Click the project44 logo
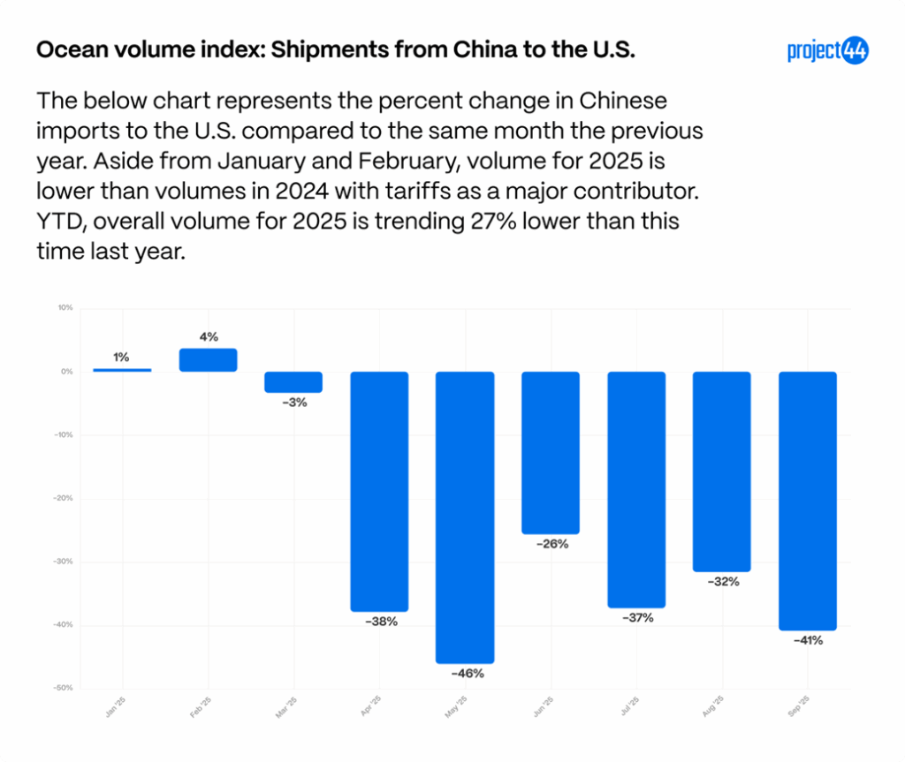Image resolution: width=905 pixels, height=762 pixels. [x=827, y=51]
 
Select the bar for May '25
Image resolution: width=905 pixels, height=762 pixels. [x=465, y=517]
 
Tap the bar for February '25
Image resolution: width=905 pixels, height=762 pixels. [x=208, y=359]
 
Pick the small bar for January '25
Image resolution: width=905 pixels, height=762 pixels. [x=122, y=370]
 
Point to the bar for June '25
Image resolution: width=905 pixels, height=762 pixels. [x=551, y=452]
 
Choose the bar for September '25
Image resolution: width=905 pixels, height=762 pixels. [x=807, y=501]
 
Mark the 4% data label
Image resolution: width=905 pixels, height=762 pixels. [x=209, y=336]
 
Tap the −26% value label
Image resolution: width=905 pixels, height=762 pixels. [x=551, y=544]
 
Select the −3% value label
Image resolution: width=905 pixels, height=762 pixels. [x=293, y=403]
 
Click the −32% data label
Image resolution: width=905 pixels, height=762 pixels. [x=722, y=582]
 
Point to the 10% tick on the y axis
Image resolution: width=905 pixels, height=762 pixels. [x=65, y=308]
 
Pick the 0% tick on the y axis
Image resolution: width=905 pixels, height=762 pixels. [x=66, y=372]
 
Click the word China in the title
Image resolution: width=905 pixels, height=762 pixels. [x=456, y=50]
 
